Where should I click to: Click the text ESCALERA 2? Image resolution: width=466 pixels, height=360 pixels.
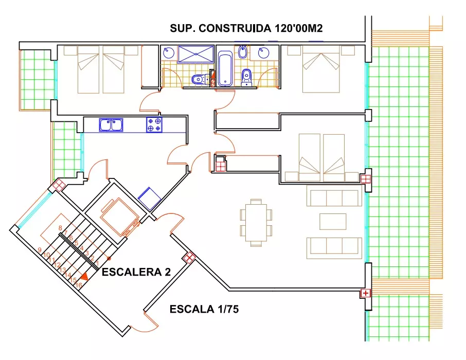pyautogui.click(x=136, y=272)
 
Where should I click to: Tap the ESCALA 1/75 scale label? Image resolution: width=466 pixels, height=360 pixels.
pyautogui.click(x=204, y=309)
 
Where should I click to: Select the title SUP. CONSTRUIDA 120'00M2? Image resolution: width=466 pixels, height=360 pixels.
pyautogui.click(x=246, y=28)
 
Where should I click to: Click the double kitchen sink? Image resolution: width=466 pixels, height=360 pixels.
pyautogui.click(x=111, y=124)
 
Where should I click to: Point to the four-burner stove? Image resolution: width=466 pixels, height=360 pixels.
pyautogui.click(x=154, y=124)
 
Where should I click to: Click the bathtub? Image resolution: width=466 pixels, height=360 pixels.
pyautogui.click(x=225, y=68)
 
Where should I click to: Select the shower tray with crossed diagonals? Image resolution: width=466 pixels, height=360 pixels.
pyautogui.click(x=196, y=54)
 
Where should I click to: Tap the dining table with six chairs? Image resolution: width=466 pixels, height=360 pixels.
pyautogui.click(x=256, y=223)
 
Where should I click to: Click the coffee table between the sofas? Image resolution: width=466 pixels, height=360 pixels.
pyautogui.click(x=333, y=222)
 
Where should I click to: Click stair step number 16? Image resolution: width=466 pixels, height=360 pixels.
pyautogui.click(x=79, y=285)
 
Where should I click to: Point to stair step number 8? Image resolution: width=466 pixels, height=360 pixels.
pyautogui.click(x=60, y=228)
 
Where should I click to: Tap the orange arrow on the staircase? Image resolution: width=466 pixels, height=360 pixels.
pyautogui.click(x=85, y=277)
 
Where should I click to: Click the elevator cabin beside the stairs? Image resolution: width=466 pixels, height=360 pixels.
pyautogui.click(x=119, y=217)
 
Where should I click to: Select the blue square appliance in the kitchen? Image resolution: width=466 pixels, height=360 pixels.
pyautogui.click(x=150, y=199)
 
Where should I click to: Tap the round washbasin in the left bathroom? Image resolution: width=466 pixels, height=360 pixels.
pyautogui.click(x=169, y=52)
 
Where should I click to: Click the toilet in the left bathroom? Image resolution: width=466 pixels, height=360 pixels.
pyautogui.click(x=200, y=79)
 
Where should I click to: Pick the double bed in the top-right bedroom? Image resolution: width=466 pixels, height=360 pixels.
pyautogui.click(x=321, y=69)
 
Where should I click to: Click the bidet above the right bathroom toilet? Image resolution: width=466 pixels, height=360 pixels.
pyautogui.click(x=243, y=52)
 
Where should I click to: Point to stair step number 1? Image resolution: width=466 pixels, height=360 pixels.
pyautogui.click(x=97, y=263)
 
